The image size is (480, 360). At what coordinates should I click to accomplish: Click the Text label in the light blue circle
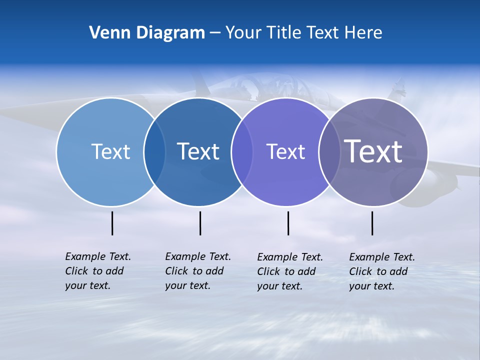[110, 151]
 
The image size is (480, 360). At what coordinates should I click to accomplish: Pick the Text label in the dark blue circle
[198, 151]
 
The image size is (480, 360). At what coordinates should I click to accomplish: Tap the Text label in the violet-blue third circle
[285, 151]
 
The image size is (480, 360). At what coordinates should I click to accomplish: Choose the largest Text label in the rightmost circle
[373, 151]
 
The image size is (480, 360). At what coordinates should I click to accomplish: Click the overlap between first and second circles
[154, 152]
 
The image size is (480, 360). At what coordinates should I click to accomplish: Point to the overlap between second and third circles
[242, 152]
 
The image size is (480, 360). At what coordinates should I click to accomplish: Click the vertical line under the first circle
[112, 223]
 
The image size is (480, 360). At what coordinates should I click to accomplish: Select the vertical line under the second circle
[200, 223]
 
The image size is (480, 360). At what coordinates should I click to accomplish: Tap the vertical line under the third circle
[288, 223]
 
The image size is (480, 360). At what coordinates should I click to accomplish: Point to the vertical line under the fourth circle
[372, 223]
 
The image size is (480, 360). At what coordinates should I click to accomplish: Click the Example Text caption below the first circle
[98, 271]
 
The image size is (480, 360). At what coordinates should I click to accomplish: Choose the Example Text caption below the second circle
[198, 271]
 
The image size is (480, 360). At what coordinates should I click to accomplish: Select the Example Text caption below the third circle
[290, 271]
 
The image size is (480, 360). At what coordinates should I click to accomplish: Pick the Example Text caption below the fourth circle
[382, 271]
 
